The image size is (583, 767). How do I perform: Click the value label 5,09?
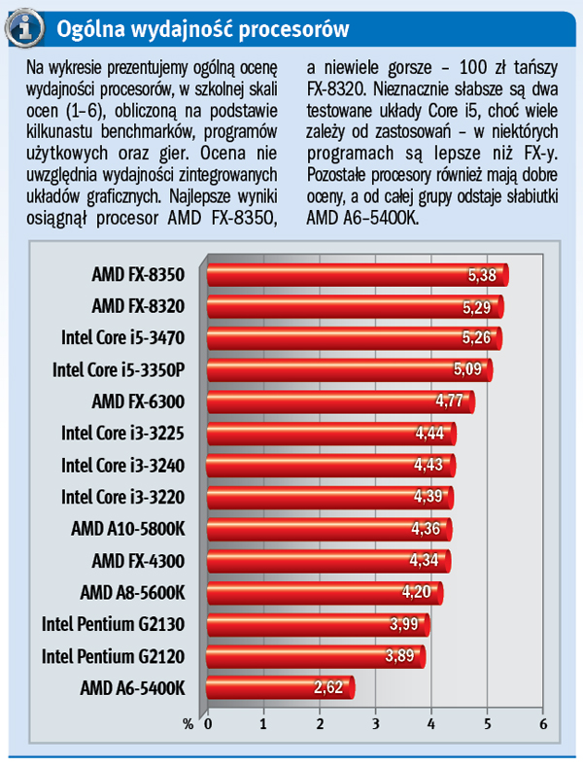[x=468, y=369]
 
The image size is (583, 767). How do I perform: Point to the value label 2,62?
[x=329, y=688]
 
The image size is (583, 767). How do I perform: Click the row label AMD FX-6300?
[x=137, y=401]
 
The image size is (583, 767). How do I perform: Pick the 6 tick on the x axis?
[x=542, y=724]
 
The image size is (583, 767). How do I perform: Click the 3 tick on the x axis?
[x=375, y=724]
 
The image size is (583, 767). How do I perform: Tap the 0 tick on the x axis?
[x=207, y=724]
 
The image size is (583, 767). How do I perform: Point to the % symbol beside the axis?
[x=189, y=724]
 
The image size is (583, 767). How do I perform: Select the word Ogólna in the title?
[x=88, y=29]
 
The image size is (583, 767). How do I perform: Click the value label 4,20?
[x=419, y=592]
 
